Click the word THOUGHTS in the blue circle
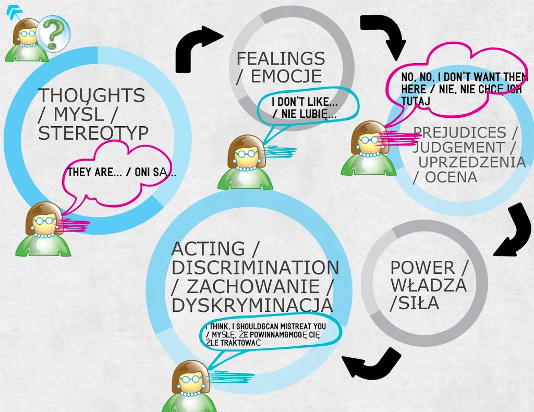click(91, 95)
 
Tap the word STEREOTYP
click(93, 133)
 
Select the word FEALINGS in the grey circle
click(281, 58)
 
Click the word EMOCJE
click(286, 77)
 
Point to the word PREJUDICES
click(459, 132)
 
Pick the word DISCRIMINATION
click(255, 268)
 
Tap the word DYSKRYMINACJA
click(252, 305)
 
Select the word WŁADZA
click(428, 285)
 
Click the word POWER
click(422, 268)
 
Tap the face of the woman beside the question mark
click(28, 35)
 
